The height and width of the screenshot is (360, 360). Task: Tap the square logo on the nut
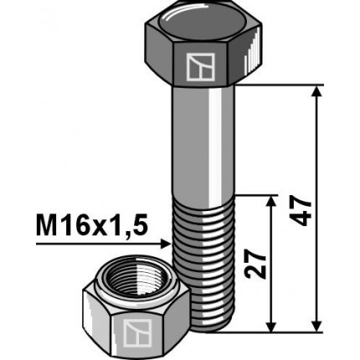coord(135,332)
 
